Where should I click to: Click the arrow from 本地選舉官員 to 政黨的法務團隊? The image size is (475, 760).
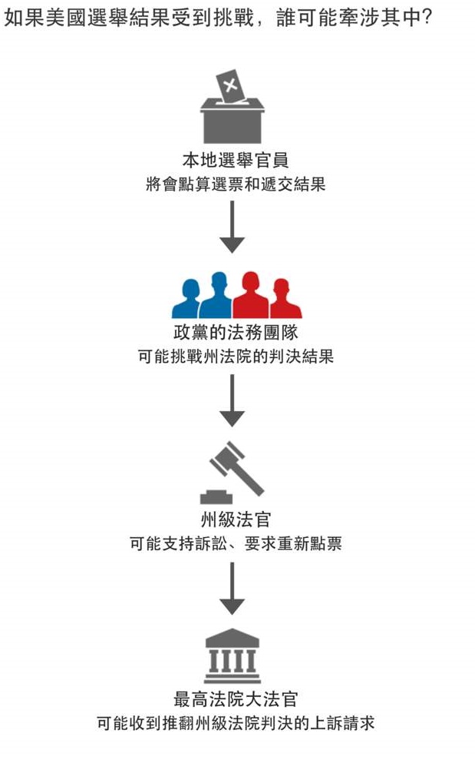point(232,228)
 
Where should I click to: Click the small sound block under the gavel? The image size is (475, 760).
point(216,496)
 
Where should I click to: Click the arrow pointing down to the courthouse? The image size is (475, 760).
point(232,588)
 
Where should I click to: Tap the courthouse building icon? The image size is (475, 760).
point(232,655)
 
